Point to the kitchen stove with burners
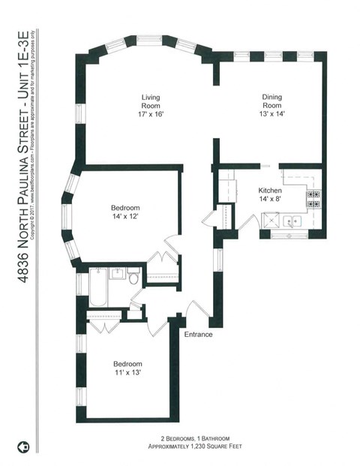click(313, 199)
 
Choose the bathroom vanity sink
click(117, 274)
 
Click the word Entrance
click(199, 334)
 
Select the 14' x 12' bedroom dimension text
click(125, 217)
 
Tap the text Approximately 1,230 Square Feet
click(199, 446)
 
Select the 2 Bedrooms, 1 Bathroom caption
click(199, 437)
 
